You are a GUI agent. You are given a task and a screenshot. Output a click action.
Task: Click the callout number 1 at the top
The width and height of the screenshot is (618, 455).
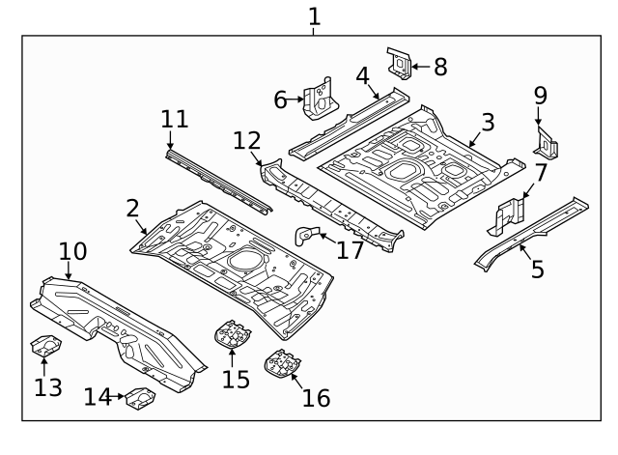[x=314, y=16]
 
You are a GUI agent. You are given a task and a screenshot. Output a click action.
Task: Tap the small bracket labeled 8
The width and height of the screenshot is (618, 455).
[x=398, y=63]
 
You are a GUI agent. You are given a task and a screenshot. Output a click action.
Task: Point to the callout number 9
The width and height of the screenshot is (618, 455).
[x=540, y=96]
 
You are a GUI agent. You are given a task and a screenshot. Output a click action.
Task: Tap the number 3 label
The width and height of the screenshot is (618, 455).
[x=488, y=122]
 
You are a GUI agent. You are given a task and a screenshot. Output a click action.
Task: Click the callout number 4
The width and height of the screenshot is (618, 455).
[x=362, y=75]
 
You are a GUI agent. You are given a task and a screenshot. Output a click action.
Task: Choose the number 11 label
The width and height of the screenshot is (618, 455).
[x=174, y=120]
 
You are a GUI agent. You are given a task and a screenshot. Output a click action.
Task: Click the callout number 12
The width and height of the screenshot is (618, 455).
[x=247, y=141]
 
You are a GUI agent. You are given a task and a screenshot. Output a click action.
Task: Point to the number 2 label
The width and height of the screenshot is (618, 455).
[x=132, y=207]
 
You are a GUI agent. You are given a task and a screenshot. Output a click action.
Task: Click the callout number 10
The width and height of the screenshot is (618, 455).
[x=72, y=253]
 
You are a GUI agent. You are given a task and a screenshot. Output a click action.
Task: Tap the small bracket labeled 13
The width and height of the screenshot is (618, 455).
[x=44, y=344]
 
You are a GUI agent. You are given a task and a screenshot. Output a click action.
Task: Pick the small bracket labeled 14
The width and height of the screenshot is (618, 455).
[x=138, y=396]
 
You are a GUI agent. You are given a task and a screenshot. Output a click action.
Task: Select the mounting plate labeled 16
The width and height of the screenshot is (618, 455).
[x=282, y=365]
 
